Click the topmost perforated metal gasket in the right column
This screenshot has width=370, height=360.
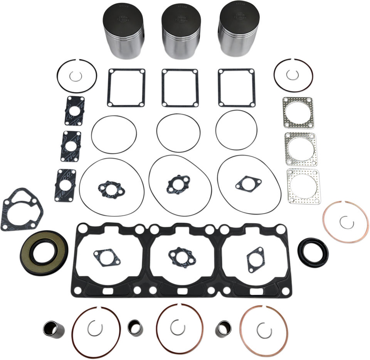(298, 112)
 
